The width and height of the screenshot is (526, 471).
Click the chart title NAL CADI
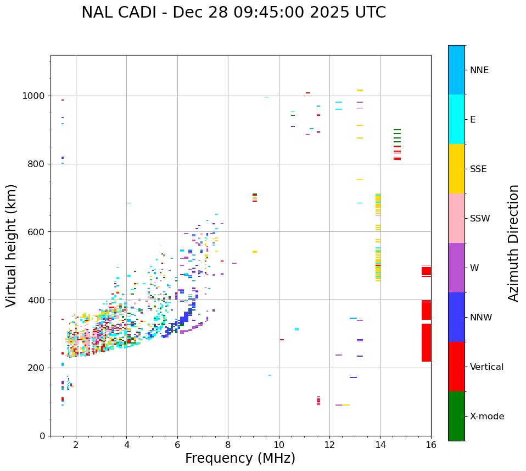233,13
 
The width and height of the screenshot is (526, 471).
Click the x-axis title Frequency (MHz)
240,458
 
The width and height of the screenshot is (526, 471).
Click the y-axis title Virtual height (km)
12,246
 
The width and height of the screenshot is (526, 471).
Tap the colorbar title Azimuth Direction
513,243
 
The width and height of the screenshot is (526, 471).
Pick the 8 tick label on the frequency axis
228,445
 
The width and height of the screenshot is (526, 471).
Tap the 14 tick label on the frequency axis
380,445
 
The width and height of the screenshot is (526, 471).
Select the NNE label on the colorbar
479,70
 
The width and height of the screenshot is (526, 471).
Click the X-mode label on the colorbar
487,417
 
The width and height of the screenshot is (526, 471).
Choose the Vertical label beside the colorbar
486,367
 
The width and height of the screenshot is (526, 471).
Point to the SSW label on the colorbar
480,219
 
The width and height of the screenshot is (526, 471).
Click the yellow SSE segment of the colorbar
456,169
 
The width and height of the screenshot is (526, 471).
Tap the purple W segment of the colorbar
456,268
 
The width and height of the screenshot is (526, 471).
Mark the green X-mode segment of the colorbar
456,416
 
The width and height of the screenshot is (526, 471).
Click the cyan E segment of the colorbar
456,119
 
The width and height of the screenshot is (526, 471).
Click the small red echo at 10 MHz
282,340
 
